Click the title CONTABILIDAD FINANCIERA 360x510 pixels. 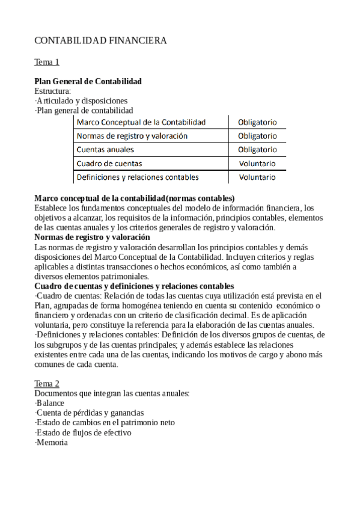click(x=100, y=41)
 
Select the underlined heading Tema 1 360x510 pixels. click(x=47, y=62)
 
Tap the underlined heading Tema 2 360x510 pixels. click(x=47, y=384)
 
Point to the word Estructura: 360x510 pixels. click(x=53, y=91)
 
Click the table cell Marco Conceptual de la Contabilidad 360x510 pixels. click(x=141, y=122)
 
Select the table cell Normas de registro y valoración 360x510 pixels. click(x=132, y=136)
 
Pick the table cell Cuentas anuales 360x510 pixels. click(x=105, y=149)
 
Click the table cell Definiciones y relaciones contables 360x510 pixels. click(x=138, y=177)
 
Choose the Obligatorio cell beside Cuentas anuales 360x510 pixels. click(x=257, y=149)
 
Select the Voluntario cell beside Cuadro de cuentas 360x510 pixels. click(x=257, y=163)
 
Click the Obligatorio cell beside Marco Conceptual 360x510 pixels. click(x=257, y=122)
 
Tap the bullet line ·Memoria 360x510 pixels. click(x=51, y=443)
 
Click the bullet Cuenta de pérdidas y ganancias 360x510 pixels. click(x=90, y=413)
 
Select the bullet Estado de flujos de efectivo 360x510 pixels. click(x=83, y=432)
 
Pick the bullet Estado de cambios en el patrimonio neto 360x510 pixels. click(x=105, y=423)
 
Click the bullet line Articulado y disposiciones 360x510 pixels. click(x=81, y=101)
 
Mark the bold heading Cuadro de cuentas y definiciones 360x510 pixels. click(x=134, y=286)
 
